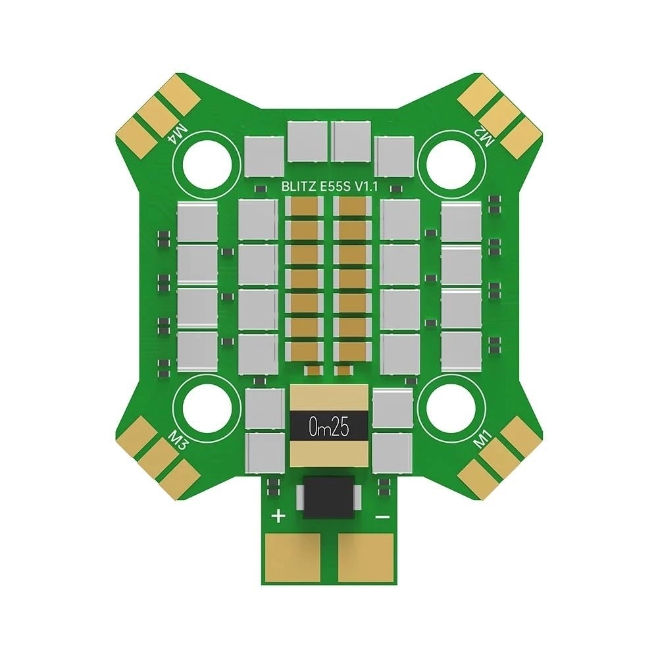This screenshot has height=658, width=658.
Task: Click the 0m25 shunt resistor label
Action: [328, 428]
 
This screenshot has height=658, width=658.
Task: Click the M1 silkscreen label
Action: [485, 437]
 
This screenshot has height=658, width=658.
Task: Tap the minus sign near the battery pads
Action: [382, 517]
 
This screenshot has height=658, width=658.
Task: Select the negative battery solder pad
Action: [366, 557]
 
